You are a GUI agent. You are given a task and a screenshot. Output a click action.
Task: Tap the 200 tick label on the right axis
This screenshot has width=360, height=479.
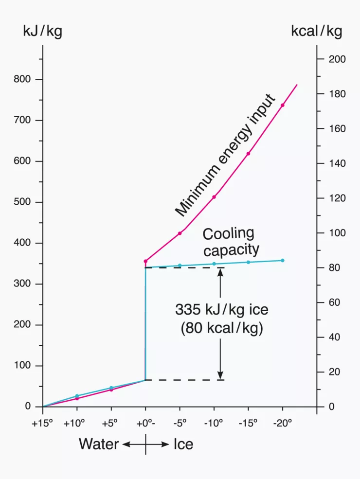337,59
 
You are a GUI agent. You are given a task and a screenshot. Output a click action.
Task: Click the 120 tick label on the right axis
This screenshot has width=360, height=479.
337,198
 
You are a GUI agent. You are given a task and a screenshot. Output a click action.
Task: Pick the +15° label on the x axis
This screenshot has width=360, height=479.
42,423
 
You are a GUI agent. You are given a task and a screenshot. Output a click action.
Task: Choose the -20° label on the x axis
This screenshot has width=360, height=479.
282,423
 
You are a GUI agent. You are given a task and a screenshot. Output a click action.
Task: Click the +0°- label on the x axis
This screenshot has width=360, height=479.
146,423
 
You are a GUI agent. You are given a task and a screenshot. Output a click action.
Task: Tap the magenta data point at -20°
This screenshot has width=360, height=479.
282,105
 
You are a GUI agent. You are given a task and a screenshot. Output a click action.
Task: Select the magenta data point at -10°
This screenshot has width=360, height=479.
214,197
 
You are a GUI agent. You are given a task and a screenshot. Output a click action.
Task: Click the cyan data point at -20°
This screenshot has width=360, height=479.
282,260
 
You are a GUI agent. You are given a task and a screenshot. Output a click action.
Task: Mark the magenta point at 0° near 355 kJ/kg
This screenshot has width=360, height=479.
145,261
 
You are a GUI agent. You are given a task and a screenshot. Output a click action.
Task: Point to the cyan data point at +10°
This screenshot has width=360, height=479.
77,396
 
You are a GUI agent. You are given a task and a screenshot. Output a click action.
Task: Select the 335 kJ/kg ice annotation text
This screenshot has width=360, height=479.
221,309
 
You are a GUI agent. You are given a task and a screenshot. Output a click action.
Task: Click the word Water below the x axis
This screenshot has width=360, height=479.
99,444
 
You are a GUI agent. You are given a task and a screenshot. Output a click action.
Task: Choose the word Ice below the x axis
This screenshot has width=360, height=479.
183,444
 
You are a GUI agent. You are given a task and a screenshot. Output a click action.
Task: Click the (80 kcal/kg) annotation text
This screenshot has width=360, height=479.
221,328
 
